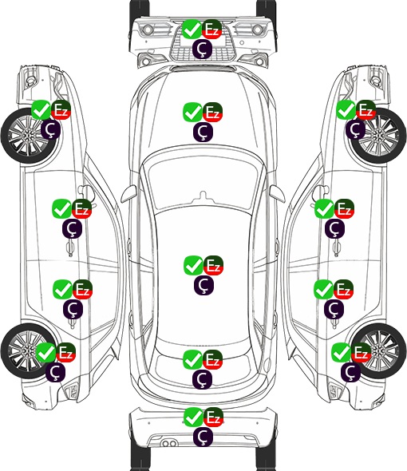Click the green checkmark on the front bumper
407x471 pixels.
coord(192,29)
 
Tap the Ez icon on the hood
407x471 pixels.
coord(212,113)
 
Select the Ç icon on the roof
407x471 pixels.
coord(204,285)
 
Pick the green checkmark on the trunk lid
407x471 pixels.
coord(193,359)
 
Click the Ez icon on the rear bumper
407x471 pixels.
coord(213,417)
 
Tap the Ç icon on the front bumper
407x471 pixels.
coord(203,49)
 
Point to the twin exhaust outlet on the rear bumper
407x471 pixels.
coord(169,443)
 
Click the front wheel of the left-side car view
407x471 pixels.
coord(30,136)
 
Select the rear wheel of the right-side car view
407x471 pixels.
coord(379,350)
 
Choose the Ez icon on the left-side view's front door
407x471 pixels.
coord(82,209)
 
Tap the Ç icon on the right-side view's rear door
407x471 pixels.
coord(334,309)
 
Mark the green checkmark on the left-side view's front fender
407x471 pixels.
coord(41,110)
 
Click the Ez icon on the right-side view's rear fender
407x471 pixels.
coord(361,352)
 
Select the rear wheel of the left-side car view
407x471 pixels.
coord(29,350)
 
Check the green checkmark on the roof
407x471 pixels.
coord(193,266)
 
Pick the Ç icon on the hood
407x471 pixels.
coord(203,133)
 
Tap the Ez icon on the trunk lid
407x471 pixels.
coord(212,359)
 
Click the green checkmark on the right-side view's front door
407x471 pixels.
coord(324,209)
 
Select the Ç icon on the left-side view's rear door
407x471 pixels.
coord(73,309)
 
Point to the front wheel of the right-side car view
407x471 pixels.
coord(378,136)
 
